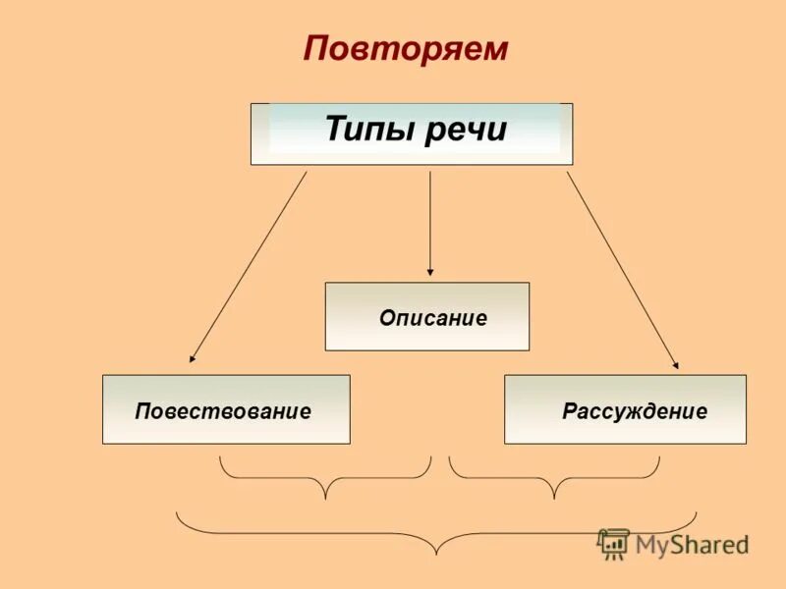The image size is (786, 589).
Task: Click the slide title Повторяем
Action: [405, 48]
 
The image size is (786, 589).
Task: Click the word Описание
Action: [432, 318]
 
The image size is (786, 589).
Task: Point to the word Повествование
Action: [223, 411]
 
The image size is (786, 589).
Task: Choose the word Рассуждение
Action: [634, 411]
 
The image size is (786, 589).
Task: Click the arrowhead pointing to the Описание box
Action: [429, 271]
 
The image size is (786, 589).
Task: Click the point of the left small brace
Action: [325, 497]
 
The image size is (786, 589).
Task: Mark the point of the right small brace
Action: [554, 497]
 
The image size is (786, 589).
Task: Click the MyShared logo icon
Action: [614, 544]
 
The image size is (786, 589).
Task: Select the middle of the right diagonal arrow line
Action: [622, 270]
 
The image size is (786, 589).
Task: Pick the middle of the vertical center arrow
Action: [429, 221]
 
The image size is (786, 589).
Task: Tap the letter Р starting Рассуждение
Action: [568, 411]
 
